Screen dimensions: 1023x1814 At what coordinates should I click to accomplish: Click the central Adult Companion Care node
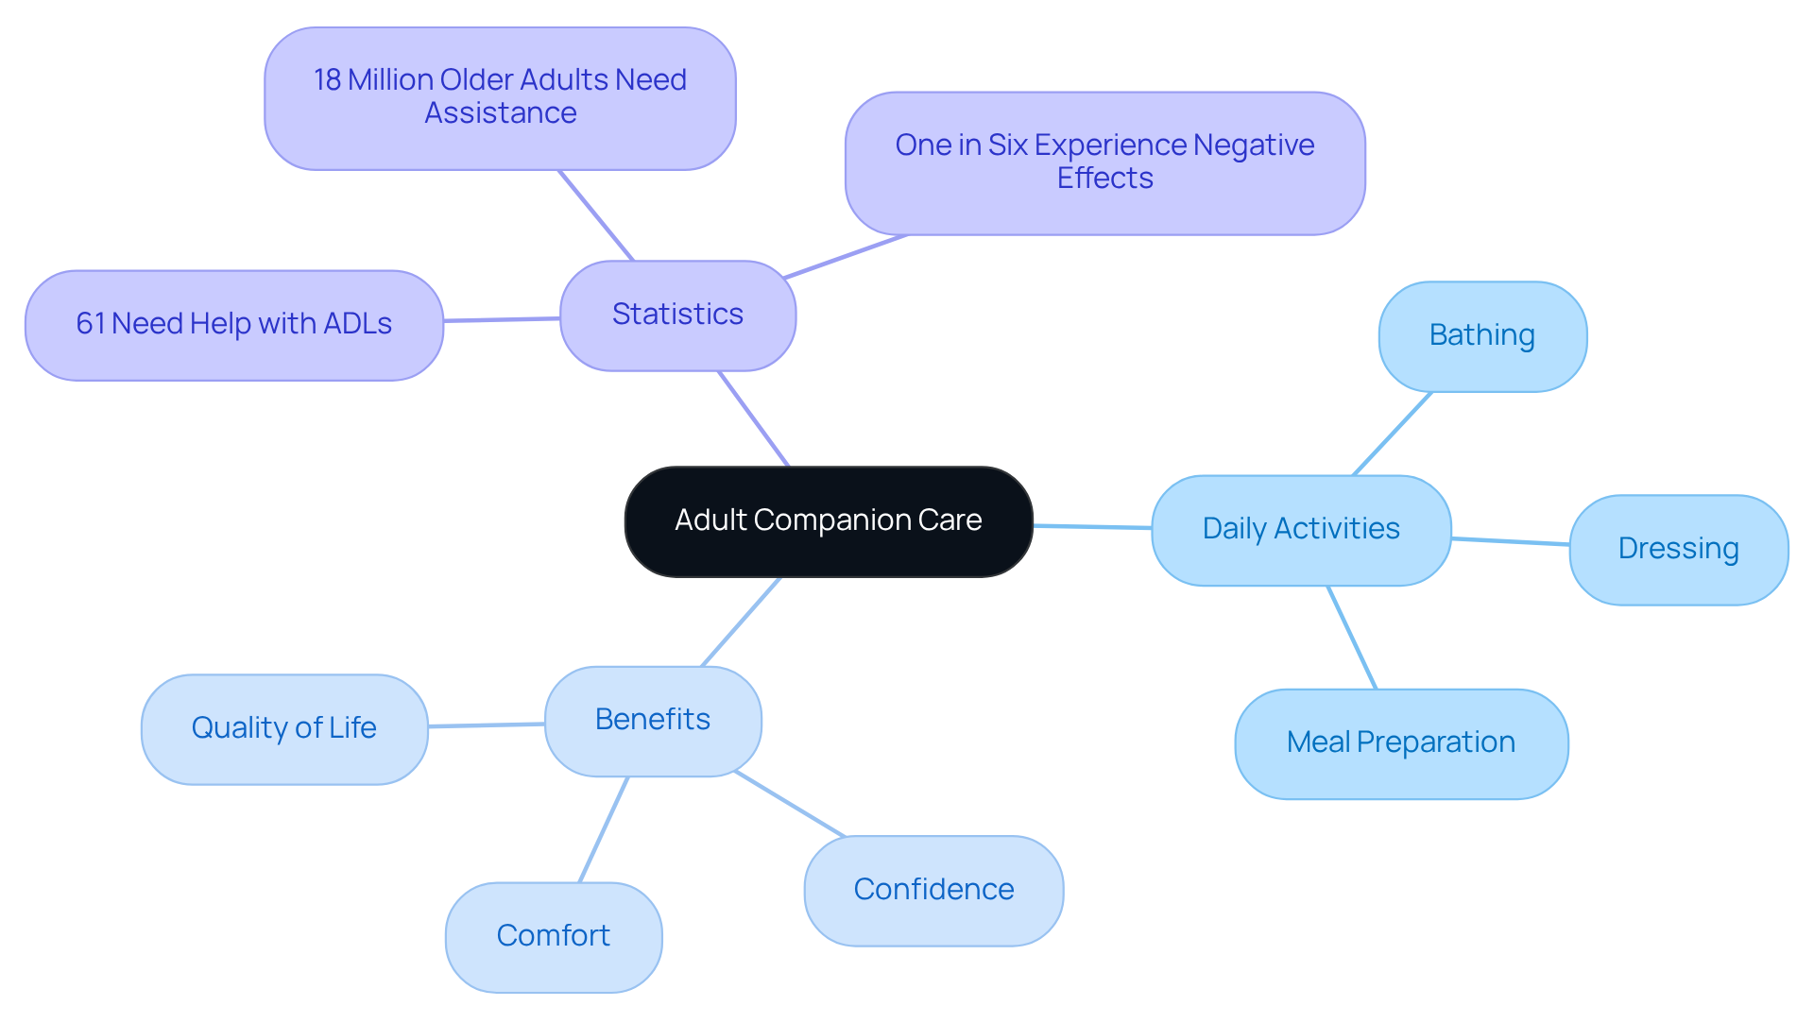point(829,521)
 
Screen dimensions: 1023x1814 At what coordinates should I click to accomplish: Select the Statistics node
point(677,315)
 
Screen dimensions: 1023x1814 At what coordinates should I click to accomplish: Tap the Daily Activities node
point(1301,530)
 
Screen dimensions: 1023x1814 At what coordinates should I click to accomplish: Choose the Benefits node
point(653,721)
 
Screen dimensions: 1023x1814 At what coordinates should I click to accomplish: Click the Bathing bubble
point(1482,336)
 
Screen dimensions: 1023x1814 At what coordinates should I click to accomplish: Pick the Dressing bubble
point(1678,550)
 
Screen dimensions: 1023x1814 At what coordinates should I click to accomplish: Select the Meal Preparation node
point(1401,743)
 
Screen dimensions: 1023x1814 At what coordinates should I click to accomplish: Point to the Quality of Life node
point(284,728)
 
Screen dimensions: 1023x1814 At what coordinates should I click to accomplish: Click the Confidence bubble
point(933,891)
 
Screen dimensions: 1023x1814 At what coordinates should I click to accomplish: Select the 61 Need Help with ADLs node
point(233,325)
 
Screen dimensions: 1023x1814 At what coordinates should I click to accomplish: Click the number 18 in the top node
point(327,80)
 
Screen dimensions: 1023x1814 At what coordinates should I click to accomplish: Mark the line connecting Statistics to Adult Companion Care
point(753,418)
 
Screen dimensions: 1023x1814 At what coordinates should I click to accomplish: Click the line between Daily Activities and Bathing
point(1393,434)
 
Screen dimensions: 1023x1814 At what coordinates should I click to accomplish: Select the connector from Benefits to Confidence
point(790,805)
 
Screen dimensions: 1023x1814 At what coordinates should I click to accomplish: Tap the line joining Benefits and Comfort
point(604,829)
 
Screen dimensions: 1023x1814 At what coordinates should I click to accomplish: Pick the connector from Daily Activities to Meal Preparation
point(1352,638)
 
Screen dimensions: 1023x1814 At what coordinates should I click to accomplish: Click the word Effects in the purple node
point(1104,179)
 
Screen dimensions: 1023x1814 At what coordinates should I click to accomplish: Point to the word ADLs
point(357,324)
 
